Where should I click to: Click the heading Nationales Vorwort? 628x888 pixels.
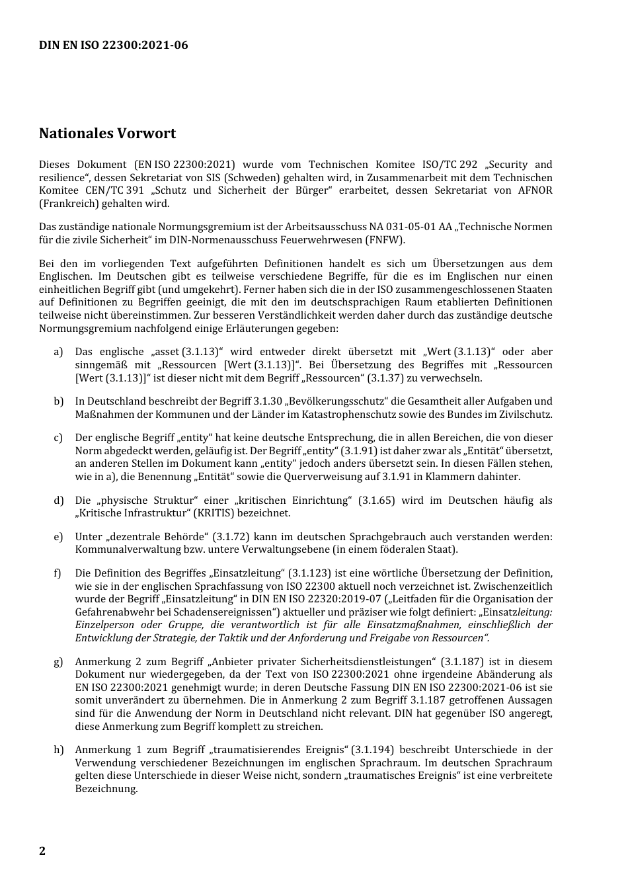[107, 134]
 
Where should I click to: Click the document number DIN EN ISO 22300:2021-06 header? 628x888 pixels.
[113, 45]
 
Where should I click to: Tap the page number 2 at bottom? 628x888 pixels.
[42, 850]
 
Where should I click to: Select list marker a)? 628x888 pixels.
[58, 352]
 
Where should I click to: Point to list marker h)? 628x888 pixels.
[59, 750]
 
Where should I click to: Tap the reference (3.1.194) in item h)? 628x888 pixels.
[373, 750]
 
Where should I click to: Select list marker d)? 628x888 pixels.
[59, 501]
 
